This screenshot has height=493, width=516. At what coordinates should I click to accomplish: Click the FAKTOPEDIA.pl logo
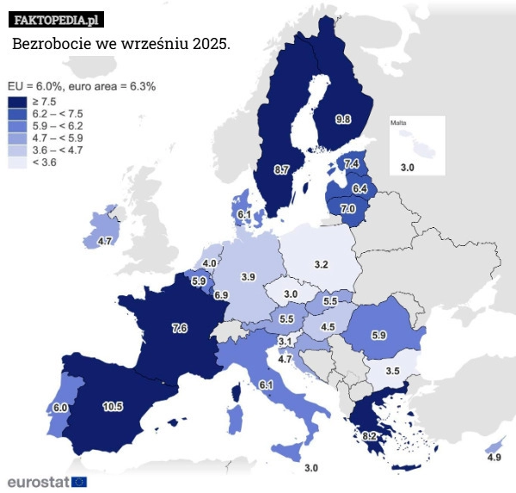click(x=58, y=18)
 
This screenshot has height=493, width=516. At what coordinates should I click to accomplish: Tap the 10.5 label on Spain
click(x=113, y=407)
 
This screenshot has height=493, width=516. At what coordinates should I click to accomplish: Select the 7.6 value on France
click(x=180, y=328)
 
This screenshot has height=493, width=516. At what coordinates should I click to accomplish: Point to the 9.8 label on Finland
click(x=342, y=119)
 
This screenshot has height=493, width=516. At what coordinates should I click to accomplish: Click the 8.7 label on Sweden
click(x=281, y=169)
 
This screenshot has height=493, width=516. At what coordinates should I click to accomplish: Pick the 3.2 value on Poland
click(x=321, y=263)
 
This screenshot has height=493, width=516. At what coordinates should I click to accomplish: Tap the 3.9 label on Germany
click(x=248, y=276)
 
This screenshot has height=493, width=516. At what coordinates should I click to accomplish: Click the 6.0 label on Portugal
click(x=60, y=407)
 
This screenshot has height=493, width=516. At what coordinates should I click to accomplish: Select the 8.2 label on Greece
click(x=369, y=436)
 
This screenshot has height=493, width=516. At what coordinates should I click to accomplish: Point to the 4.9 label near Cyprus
click(x=494, y=458)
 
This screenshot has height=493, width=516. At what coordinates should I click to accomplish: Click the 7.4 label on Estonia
click(x=352, y=163)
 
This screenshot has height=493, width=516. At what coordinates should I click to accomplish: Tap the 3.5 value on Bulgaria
click(x=392, y=371)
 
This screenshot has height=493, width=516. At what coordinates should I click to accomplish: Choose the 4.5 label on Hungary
click(x=328, y=327)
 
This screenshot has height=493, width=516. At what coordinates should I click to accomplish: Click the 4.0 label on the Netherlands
click(x=209, y=262)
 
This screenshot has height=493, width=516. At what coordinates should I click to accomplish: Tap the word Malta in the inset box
click(x=399, y=123)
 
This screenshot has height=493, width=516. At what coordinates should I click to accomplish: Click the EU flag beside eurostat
click(x=79, y=481)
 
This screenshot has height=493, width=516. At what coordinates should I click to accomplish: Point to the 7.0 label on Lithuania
click(x=347, y=208)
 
